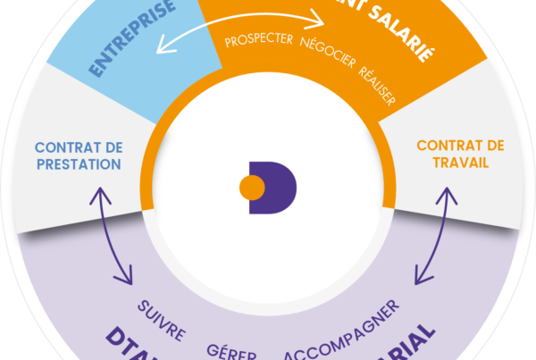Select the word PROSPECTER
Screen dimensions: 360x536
point(261,41)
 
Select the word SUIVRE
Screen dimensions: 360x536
point(162,321)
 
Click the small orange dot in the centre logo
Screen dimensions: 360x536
point(251,188)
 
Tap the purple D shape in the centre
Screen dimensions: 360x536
point(279,188)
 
